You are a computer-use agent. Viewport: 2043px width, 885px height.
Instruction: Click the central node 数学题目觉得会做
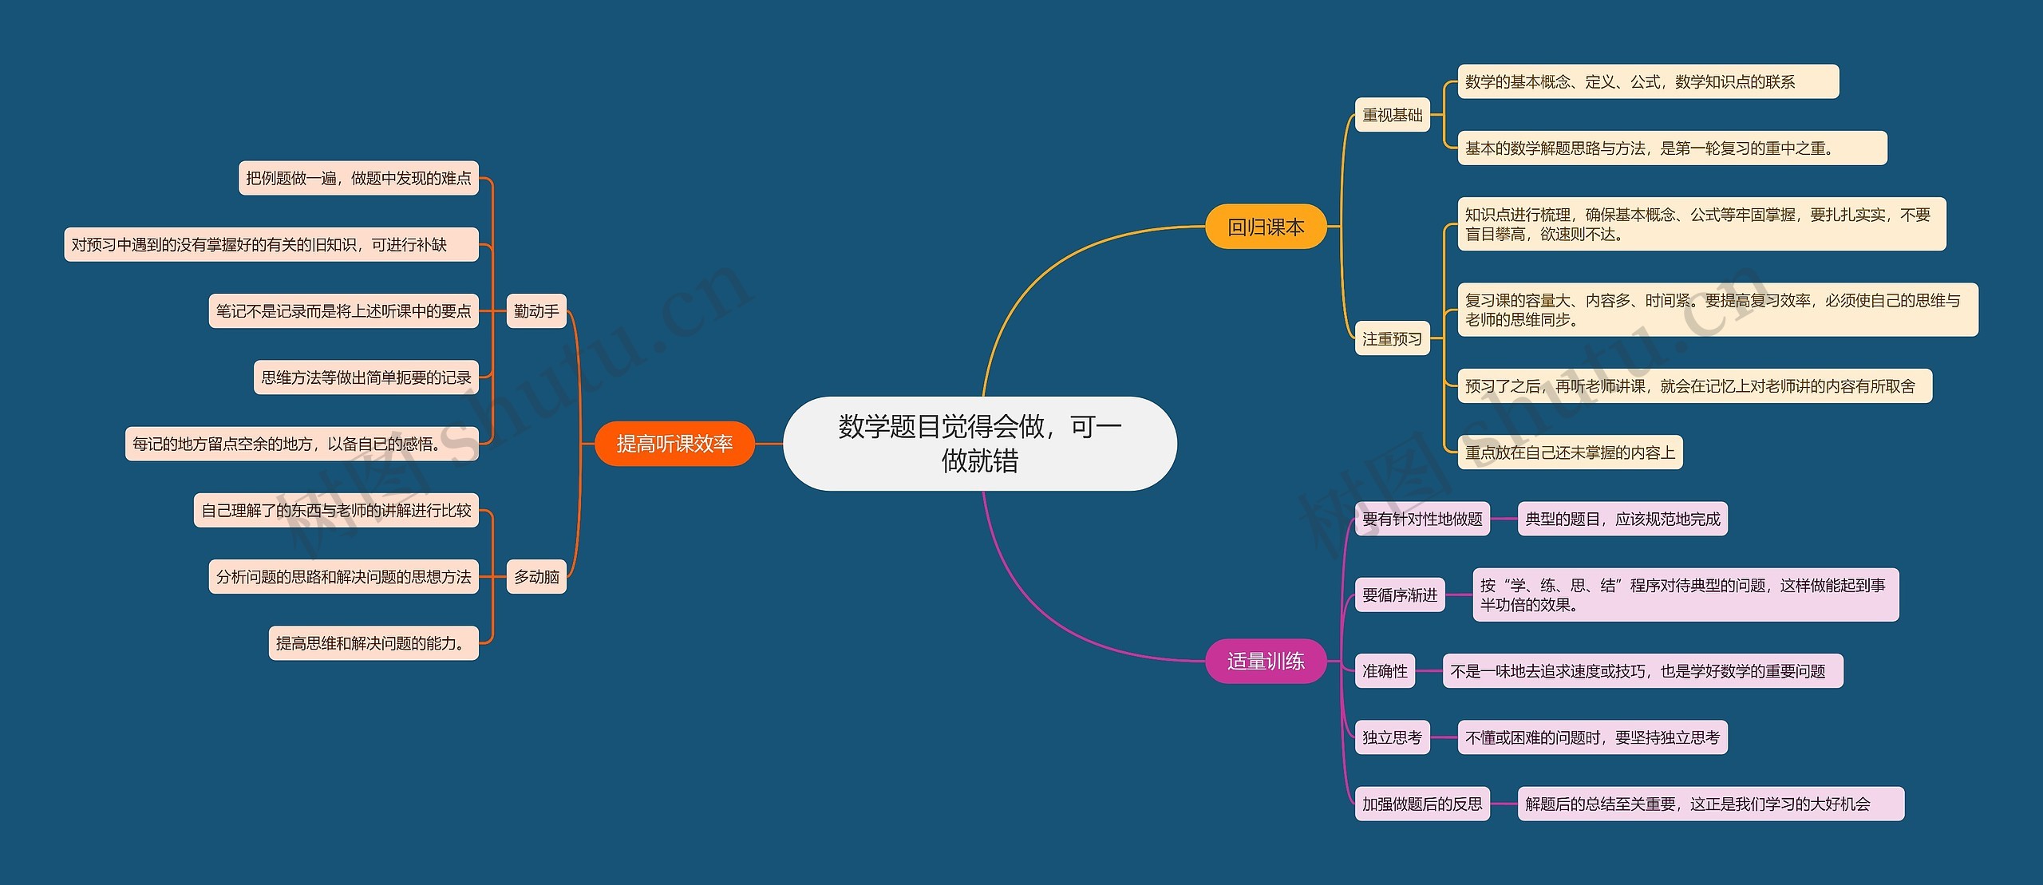click(x=979, y=443)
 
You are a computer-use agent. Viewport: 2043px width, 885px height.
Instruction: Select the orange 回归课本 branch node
click(x=1265, y=227)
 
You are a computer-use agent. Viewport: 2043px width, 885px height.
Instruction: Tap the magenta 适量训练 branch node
click(x=1265, y=661)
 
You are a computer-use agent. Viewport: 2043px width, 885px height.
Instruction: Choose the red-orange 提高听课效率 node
click(x=674, y=444)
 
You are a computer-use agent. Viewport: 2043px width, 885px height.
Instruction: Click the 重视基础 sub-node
click(x=1392, y=115)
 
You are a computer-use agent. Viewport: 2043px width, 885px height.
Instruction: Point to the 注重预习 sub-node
click(x=1392, y=339)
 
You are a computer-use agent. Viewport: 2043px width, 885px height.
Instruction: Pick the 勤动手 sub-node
click(x=536, y=310)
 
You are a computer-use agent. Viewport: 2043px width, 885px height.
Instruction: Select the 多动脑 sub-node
click(x=536, y=576)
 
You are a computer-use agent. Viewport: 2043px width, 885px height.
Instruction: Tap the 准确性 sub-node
click(x=1385, y=671)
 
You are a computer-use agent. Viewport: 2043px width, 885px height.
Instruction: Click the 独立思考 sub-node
click(x=1392, y=737)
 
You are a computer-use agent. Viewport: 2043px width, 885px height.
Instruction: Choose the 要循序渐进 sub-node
click(x=1400, y=595)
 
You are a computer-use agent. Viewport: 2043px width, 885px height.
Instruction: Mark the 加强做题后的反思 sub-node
click(x=1422, y=804)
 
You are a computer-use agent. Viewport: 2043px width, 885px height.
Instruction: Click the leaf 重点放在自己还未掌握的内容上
click(x=1570, y=452)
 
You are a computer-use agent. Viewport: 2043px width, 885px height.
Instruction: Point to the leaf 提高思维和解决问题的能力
click(x=373, y=643)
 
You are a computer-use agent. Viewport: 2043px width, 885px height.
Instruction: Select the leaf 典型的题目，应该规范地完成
click(x=1622, y=519)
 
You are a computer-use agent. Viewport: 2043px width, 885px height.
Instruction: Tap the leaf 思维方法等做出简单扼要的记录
click(x=366, y=377)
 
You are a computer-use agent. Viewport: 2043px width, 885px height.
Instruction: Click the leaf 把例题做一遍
click(x=358, y=178)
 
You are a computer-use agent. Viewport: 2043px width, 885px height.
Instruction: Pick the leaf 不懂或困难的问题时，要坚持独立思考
click(x=1592, y=737)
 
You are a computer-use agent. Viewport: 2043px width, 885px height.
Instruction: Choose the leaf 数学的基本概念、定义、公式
click(x=1648, y=81)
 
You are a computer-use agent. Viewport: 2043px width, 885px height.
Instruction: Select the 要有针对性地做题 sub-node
click(x=1422, y=519)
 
